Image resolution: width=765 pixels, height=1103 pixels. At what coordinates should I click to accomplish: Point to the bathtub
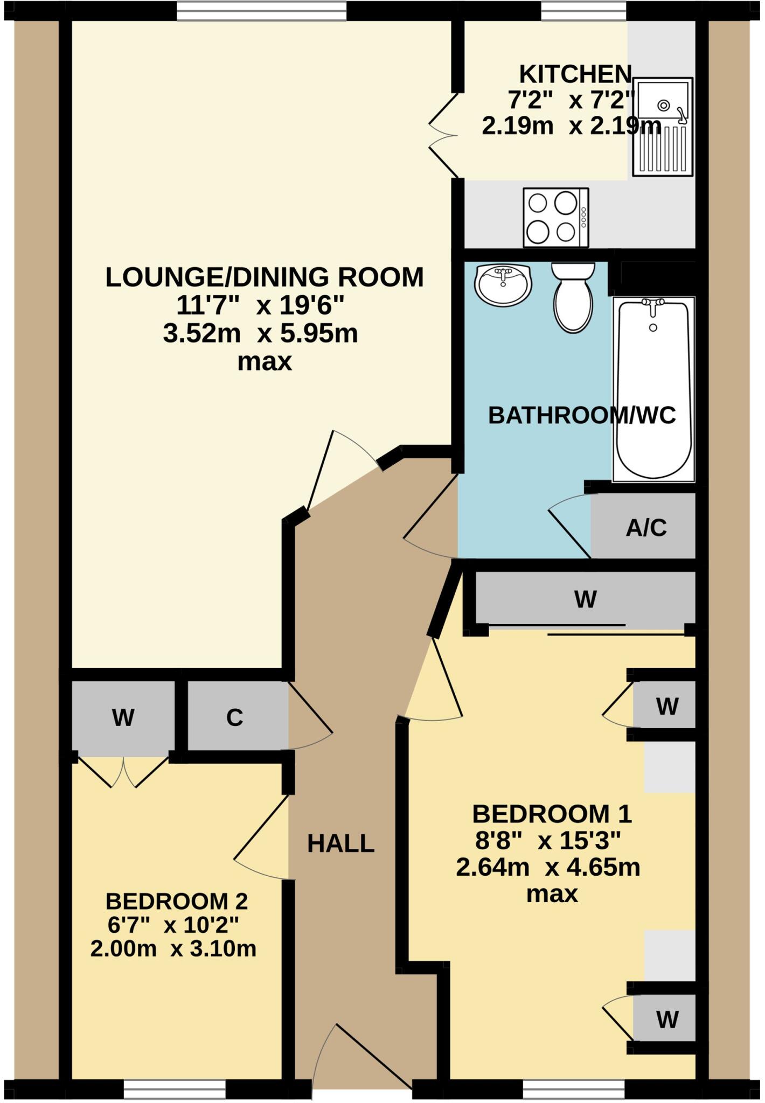click(x=653, y=388)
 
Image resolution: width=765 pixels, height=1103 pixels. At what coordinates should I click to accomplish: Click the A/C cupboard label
click(x=646, y=528)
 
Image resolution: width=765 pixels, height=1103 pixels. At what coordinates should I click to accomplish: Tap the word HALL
click(x=340, y=843)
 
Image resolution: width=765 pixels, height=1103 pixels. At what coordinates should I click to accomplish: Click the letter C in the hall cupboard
click(x=234, y=717)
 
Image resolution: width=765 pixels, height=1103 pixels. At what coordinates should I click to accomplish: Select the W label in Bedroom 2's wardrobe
click(x=123, y=717)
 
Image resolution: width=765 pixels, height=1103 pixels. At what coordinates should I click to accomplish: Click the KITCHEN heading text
click(x=575, y=73)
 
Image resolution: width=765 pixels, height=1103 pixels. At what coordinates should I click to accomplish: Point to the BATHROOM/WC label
click(x=582, y=415)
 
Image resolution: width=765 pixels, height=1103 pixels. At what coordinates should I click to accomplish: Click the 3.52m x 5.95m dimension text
click(x=260, y=334)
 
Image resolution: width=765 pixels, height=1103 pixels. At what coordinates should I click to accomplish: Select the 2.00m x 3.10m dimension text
click(x=173, y=948)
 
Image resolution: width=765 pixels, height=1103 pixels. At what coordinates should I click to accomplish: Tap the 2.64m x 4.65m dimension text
click(x=548, y=868)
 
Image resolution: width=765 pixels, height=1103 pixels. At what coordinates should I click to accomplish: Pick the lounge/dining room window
click(x=261, y=11)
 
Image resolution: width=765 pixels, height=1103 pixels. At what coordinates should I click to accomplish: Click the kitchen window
click(x=583, y=11)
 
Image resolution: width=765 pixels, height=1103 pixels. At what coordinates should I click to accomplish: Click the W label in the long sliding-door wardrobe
click(x=586, y=599)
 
